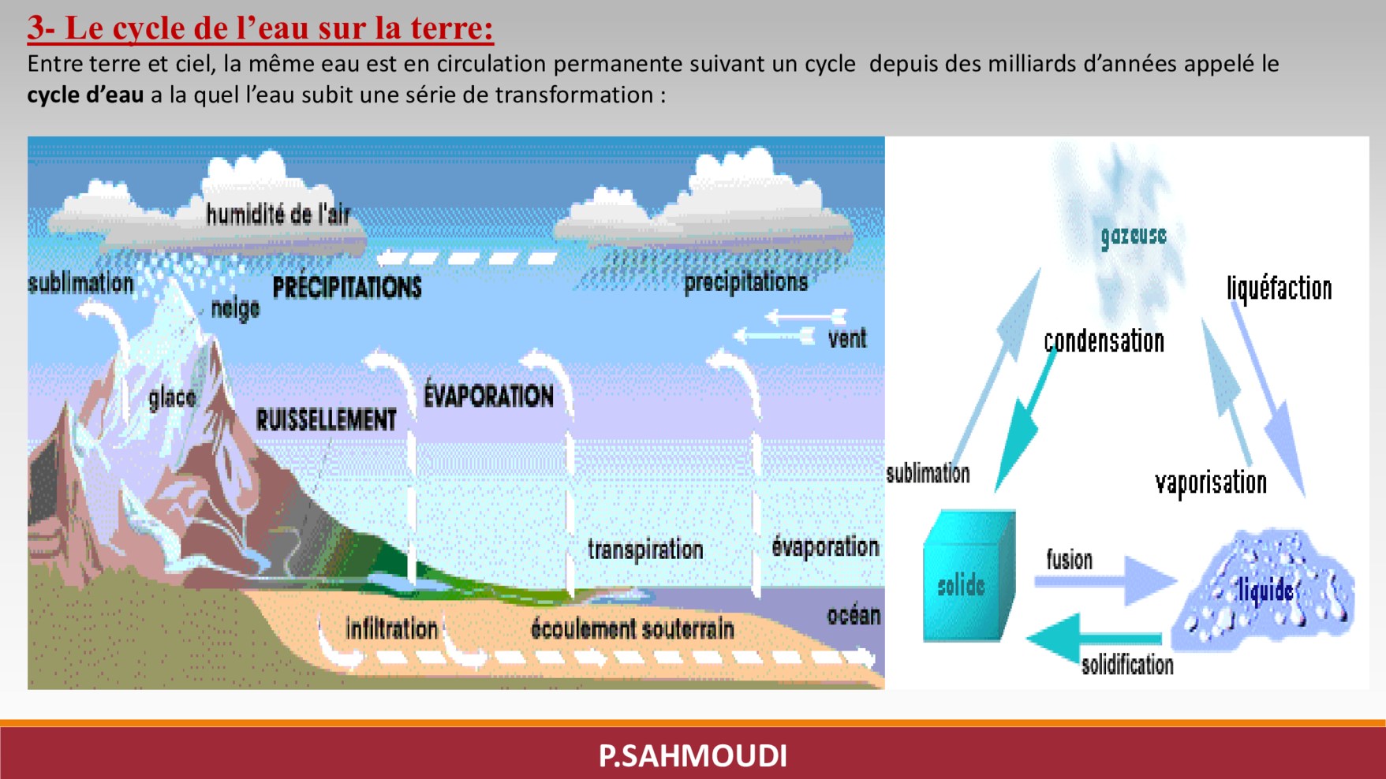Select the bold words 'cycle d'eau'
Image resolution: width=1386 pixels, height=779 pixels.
[x=85, y=95]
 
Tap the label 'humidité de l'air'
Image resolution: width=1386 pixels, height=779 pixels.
[x=278, y=214]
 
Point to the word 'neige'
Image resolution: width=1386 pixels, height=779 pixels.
[x=235, y=308]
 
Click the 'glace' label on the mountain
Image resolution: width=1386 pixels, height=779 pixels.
[x=172, y=397]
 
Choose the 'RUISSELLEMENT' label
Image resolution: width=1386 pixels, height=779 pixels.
[x=326, y=419]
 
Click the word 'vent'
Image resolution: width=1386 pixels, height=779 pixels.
[x=847, y=339]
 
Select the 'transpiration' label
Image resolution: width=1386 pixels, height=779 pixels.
[x=645, y=550]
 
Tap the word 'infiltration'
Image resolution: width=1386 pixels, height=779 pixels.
[x=391, y=628]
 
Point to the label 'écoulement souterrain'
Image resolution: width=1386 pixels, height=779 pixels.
[x=632, y=628]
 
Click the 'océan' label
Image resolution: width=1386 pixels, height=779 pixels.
[x=854, y=615]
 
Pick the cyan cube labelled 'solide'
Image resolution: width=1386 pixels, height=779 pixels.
[x=969, y=576]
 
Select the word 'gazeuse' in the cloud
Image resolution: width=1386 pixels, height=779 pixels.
[x=1134, y=235]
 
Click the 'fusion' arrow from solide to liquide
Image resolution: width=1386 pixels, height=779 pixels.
[x=1104, y=581]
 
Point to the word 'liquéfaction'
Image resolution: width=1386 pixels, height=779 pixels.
[x=1279, y=289]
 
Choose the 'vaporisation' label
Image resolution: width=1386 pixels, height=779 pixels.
[x=1211, y=483]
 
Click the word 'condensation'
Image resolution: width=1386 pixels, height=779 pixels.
[x=1104, y=341]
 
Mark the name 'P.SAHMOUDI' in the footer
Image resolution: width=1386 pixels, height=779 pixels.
[x=693, y=755]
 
